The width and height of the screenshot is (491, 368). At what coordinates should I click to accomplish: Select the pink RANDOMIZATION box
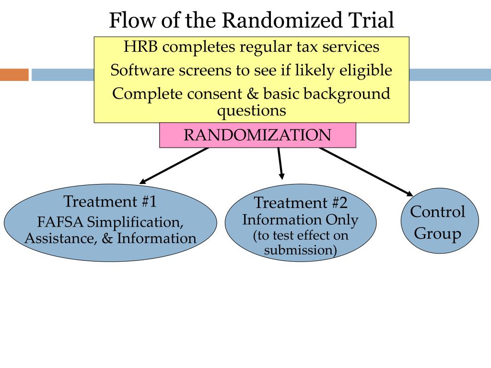click(257, 135)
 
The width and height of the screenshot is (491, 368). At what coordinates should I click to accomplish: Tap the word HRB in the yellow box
click(140, 47)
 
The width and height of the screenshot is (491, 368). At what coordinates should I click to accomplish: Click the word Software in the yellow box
click(142, 70)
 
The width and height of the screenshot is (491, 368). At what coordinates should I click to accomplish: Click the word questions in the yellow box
click(251, 111)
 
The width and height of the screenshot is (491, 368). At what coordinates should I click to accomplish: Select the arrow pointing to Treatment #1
click(174, 165)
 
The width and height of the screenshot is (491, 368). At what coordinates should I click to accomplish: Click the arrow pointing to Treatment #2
click(281, 163)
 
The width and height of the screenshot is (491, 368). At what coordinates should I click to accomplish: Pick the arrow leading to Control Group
click(366, 172)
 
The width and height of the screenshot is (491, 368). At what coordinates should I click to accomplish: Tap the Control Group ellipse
click(440, 220)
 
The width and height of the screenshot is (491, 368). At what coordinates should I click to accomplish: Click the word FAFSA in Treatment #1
click(60, 222)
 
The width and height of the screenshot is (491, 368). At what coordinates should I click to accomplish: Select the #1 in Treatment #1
click(149, 201)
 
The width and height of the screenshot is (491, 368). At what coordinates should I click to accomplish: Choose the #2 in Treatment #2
click(339, 203)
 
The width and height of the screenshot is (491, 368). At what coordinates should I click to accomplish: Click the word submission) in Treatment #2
click(300, 250)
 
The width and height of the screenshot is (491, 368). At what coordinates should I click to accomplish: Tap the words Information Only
click(300, 219)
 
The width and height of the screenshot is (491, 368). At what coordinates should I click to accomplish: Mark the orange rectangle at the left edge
click(14, 75)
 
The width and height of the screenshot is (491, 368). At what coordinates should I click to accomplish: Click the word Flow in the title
click(132, 20)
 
